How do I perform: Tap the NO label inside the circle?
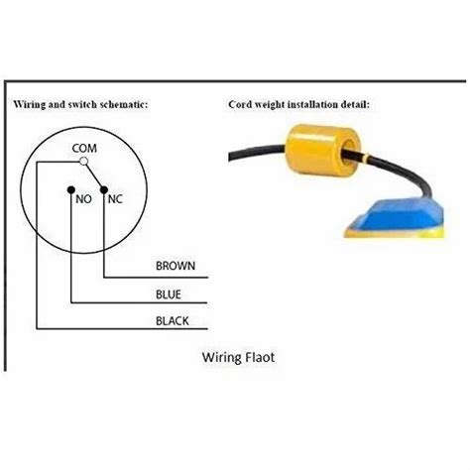[83, 197]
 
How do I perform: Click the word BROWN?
[176, 266]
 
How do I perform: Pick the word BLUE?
[168, 294]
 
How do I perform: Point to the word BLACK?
[172, 320]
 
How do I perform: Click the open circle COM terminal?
[84, 161]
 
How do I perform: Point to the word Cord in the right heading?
[238, 103]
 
